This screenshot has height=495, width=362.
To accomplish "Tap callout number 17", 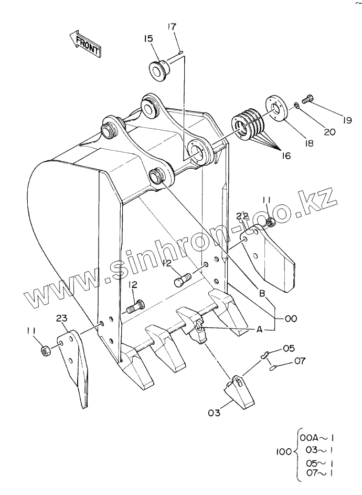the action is click(173, 27).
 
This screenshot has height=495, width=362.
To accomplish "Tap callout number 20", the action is click(329, 132).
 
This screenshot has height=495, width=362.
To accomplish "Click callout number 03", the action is click(214, 412).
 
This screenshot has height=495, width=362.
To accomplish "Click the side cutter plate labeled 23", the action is click(77, 363).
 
